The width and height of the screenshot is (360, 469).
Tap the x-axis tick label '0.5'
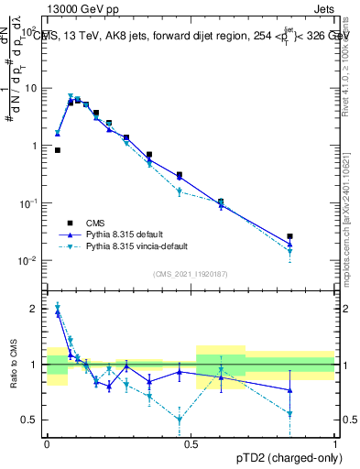[191, 442]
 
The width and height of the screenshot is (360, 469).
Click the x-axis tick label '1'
[335, 442]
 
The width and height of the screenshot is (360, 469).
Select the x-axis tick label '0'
[47, 442]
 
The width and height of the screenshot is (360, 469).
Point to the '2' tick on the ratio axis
[38, 309]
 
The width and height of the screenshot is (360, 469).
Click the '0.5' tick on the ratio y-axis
[33, 420]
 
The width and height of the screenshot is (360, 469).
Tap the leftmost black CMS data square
[58, 150]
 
